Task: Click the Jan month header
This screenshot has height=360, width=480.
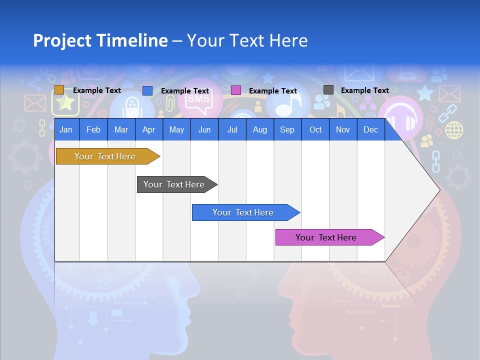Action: point(66,129)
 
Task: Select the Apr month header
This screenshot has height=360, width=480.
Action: point(148,129)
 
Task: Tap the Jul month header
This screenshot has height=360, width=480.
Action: point(232,129)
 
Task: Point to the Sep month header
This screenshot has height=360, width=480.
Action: point(287,129)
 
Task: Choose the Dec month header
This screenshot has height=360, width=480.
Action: point(370,129)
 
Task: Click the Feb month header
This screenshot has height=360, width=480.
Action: point(93,129)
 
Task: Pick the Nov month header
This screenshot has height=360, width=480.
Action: point(343,129)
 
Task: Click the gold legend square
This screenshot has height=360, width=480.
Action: point(59,90)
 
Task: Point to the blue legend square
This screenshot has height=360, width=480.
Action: point(147,90)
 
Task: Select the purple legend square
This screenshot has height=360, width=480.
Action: point(236,90)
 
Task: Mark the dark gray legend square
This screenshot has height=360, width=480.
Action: point(328,90)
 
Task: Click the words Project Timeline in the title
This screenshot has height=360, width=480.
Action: point(100,40)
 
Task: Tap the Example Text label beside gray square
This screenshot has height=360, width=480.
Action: point(364,90)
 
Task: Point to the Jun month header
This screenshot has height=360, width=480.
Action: point(204,129)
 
